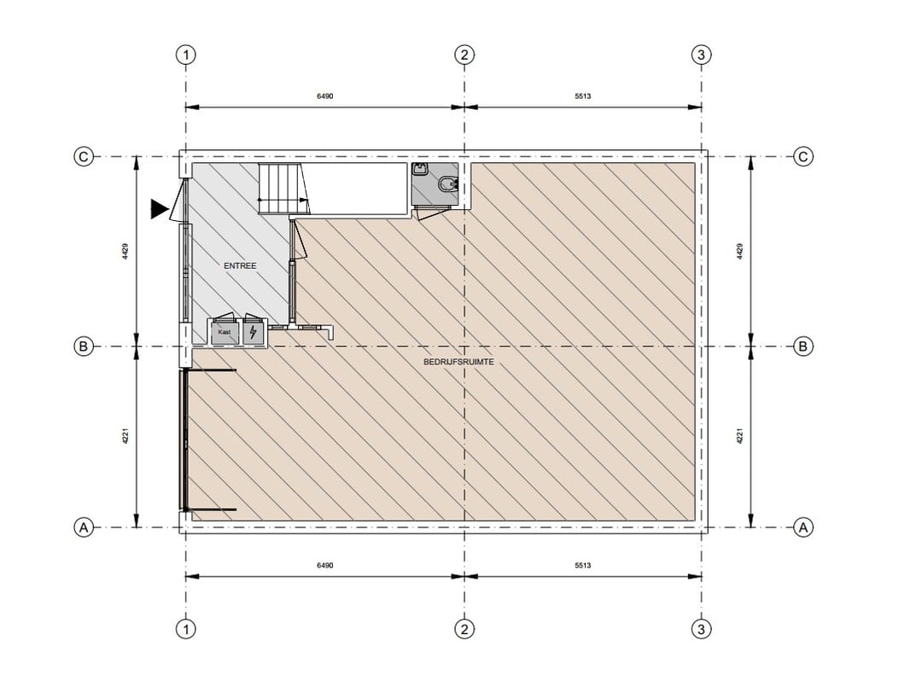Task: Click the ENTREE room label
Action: point(240,265)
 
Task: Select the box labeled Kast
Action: point(225,332)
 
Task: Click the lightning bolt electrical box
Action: point(254,333)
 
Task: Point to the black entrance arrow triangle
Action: point(160,209)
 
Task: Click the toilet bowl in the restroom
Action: point(448,184)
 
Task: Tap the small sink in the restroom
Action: point(420,170)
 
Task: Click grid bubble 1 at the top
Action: point(186,55)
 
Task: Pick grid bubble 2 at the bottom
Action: point(464,629)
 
